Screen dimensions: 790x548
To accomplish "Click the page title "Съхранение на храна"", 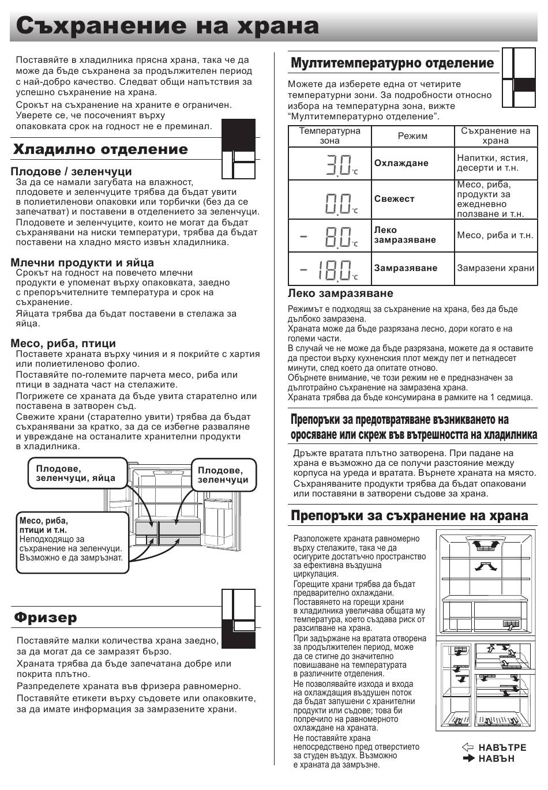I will pos(167,26).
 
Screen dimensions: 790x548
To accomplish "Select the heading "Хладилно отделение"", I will pos(100,149).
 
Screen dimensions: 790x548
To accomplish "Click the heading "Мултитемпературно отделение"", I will pos(392,63).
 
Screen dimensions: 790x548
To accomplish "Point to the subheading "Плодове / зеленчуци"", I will pos(71,171).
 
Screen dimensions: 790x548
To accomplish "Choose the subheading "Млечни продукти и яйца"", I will pos(82,262).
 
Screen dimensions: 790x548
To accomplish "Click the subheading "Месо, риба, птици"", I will pos(63,343).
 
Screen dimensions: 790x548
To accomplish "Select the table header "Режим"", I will pos(412,136).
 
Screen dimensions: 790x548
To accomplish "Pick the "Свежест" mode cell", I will pos(394,199).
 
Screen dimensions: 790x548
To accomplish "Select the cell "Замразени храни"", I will pos(496,268).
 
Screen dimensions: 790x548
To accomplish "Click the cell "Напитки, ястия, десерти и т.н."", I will pos(492,163).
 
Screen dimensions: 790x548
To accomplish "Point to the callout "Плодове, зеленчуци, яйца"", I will pos(76,473).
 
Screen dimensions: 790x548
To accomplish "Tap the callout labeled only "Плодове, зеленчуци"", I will pos(223,475).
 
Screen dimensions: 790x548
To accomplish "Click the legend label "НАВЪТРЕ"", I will pos(502,748).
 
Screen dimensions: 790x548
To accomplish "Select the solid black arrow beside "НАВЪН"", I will pos(468,758).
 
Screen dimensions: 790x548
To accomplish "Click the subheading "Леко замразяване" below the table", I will pos(340,293).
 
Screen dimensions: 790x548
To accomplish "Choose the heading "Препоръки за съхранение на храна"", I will pos(410,516).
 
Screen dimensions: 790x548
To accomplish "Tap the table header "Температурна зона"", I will pos(329,136).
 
